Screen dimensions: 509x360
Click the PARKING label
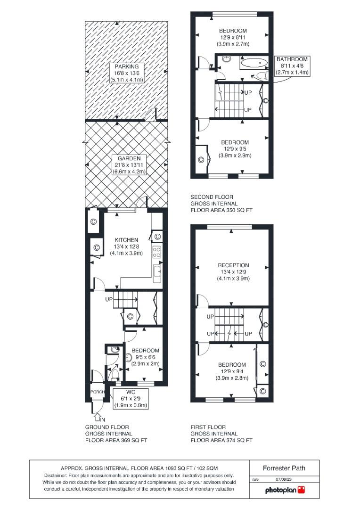pos(126,66)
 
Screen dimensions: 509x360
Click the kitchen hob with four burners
pos(157,252)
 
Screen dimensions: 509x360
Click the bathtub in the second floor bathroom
pos(254,62)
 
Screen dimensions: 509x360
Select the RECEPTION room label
pos(233,265)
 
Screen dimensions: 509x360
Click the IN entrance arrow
pos(98,417)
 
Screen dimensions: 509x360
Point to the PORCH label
pos(97,392)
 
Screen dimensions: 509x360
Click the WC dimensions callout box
pos(131,398)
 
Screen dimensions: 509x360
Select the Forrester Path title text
pos(284,468)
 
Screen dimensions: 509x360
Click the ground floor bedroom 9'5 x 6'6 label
pos(145,357)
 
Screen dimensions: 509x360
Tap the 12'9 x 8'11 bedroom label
pos(233,37)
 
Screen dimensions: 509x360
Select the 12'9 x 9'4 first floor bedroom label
pos(231,371)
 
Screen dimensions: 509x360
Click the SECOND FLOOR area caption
pos(221,203)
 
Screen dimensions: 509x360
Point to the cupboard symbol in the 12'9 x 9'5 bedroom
pos(201,160)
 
